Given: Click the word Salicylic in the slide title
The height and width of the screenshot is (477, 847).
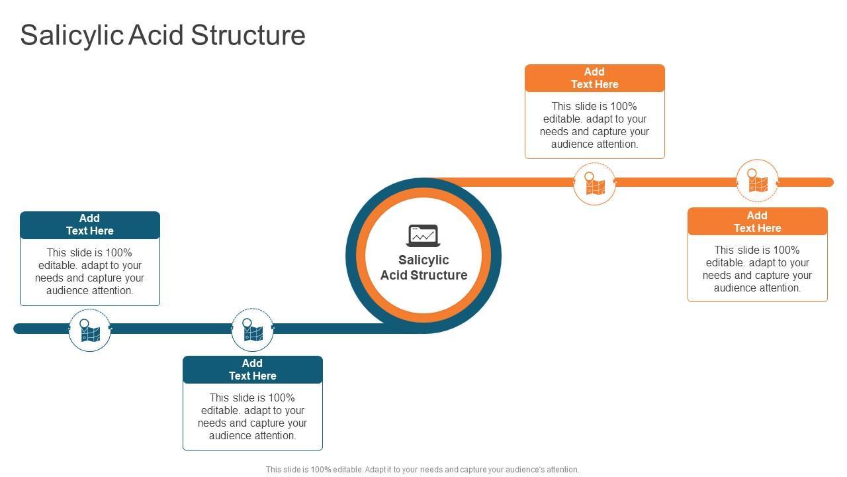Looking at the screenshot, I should pos(71,35).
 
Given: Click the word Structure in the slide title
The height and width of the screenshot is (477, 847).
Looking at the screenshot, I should pos(248,35).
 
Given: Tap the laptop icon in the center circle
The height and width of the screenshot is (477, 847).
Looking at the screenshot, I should pos(423,235).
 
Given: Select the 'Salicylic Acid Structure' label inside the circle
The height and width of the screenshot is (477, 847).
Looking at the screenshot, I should pos(423,268).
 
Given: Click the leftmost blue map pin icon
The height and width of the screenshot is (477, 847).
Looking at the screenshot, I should pos(89,330).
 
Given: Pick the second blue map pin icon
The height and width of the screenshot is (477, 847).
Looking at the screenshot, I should pos(252,329).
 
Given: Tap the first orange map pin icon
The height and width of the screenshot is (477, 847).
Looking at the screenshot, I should pos(594,184).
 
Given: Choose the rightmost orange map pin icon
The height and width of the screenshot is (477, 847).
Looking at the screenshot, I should pos(757,180).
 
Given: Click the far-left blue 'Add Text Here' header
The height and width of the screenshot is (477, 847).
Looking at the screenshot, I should pos(90,225).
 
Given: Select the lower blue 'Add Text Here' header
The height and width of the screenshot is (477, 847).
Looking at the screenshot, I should pos(253,370).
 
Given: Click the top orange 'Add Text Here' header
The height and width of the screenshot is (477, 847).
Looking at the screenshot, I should pos(594,78).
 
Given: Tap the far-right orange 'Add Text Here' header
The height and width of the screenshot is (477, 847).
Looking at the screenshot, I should pos(757,222).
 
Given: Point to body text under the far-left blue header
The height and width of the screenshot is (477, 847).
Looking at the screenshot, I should pos(90,272).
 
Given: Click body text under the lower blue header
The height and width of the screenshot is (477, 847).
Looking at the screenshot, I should pos(253,417).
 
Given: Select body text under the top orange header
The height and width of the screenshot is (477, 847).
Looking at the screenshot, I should pos(594,125).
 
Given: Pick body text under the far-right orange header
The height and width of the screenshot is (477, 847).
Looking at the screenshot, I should pos(757,269).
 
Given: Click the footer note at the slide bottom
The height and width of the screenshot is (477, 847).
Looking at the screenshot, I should pos(422,470).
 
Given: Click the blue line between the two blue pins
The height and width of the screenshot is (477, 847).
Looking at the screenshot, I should pos(171,329).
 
